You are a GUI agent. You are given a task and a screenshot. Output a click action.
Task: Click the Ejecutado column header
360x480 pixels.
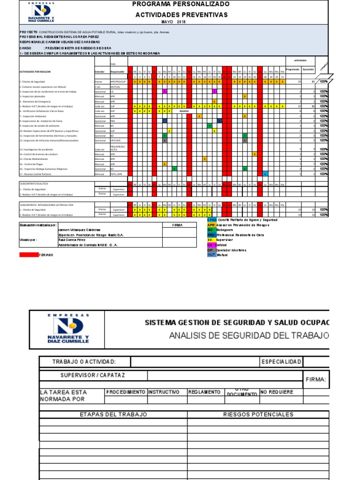[x=308, y=69]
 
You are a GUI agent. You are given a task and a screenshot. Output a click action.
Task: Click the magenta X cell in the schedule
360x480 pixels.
[x=165, y=91]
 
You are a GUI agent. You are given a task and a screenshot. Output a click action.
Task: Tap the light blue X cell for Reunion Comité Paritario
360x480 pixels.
[x=265, y=174]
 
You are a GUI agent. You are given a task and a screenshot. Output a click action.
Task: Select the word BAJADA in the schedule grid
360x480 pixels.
[x=184, y=111]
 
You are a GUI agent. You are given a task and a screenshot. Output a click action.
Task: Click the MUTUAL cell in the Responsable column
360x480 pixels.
[x=115, y=87]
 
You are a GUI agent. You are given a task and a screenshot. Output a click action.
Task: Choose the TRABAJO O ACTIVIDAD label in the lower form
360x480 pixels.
[x=85, y=361]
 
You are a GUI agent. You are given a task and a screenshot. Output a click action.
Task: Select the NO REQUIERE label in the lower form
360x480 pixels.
[x=277, y=392]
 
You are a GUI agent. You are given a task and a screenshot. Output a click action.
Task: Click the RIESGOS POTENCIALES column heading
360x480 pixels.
[x=258, y=414]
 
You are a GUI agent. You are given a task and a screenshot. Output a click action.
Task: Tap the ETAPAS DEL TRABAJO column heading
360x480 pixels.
[x=113, y=414]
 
